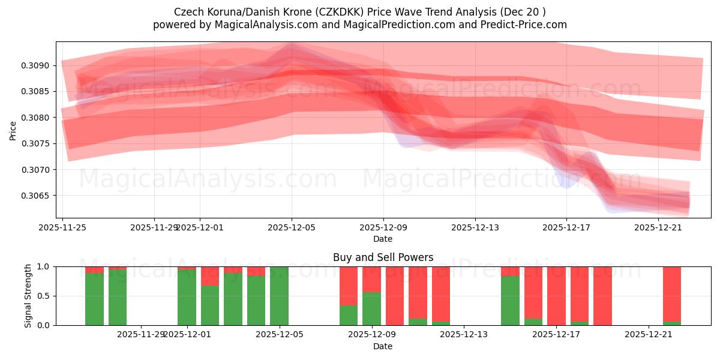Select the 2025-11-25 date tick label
[62, 227]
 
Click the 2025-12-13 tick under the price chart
[475, 227]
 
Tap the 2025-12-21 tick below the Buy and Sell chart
[649, 335]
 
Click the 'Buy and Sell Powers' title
[383, 257]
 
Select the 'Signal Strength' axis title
[28, 295]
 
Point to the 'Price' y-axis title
[13, 130]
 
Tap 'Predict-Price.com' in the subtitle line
[525, 25]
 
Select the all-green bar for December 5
[279, 296]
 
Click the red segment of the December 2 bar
[210, 276]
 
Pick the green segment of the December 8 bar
[349, 315]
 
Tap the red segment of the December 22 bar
[672, 294]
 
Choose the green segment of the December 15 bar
[510, 300]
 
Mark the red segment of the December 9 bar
[371, 279]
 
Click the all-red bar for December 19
[602, 296]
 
